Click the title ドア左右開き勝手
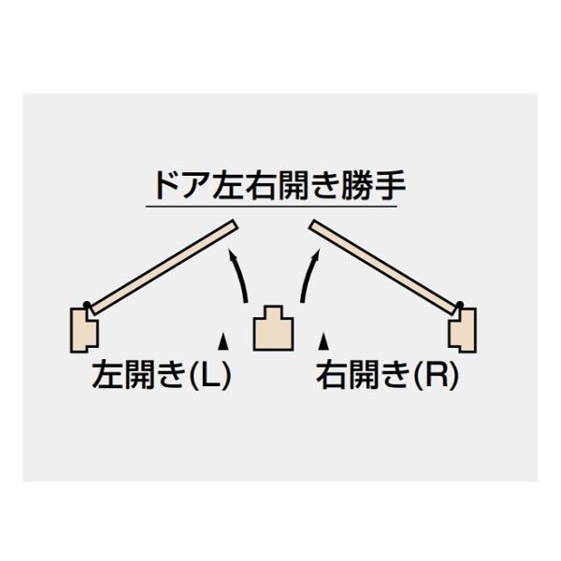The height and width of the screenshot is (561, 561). (x=280, y=185)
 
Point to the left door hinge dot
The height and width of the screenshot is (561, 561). (x=86, y=305)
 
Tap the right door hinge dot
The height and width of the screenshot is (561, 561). (x=460, y=305)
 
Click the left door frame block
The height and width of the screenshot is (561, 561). (x=84, y=330)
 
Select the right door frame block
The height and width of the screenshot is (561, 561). (x=463, y=330)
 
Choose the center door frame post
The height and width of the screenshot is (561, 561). (x=273, y=328)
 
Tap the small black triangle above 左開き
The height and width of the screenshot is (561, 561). (x=223, y=341)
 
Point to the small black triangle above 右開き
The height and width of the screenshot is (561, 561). (x=324, y=341)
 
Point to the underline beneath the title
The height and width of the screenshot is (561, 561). (x=271, y=207)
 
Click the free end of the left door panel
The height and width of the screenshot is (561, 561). (x=235, y=224)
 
